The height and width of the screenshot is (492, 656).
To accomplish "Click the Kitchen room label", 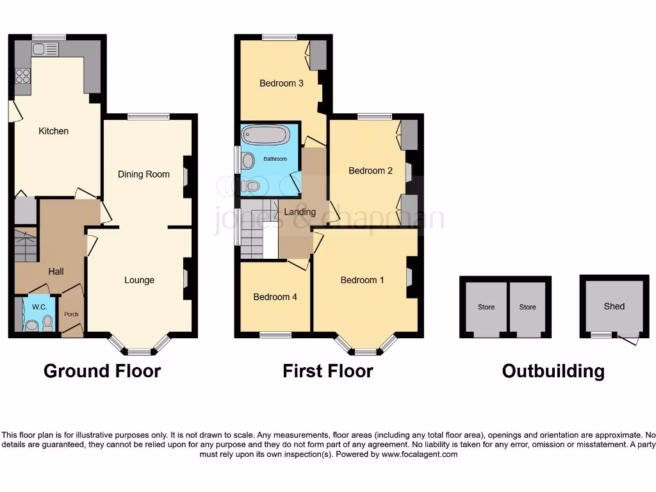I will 54,131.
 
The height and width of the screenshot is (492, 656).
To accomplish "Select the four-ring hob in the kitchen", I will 22,76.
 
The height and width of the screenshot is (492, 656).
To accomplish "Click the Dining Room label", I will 143,174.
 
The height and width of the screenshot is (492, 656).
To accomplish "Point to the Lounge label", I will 139,280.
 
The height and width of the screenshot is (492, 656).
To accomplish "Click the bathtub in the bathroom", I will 265,136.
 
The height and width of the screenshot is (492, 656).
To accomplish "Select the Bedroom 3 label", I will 281,83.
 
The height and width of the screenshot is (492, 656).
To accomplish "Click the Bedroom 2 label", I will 370,170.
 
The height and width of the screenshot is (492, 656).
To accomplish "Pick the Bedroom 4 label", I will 275,297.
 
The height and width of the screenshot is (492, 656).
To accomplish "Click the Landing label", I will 300,212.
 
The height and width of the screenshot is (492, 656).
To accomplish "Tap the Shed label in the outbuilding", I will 614,306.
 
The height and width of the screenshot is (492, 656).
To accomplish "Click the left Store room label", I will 486,307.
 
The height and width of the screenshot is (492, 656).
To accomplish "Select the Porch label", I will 70,314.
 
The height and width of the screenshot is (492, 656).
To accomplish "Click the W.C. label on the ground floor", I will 40,307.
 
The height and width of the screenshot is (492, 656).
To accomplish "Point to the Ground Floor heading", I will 102,370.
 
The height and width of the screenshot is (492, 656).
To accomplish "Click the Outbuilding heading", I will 553,371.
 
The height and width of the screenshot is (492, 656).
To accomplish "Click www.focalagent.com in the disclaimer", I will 420,454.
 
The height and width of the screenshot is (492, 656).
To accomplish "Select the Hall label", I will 56,272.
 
